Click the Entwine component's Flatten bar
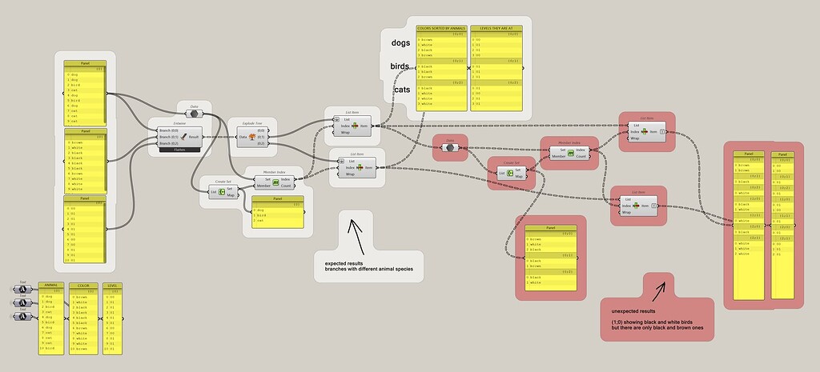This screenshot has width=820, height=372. (x=179, y=150)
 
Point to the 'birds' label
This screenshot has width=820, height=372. (x=400, y=66)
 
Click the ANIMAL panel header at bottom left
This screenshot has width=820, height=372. (x=50, y=285)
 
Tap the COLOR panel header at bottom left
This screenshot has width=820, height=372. (x=83, y=285)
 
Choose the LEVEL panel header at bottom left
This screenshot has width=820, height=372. (x=112, y=285)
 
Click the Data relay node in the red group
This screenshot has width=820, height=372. (x=450, y=148)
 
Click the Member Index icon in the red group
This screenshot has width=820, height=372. (x=570, y=153)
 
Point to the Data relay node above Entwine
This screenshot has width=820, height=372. (x=194, y=114)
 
